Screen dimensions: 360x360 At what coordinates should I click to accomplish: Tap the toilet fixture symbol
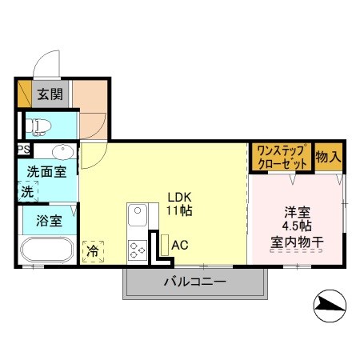[x=39, y=125]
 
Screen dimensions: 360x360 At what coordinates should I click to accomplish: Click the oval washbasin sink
[x=62, y=151]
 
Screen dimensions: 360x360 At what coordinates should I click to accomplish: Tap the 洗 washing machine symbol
[x=28, y=191]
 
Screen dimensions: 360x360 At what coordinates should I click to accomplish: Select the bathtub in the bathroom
[x=46, y=250]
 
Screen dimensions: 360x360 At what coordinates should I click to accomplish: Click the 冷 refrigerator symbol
[x=93, y=250]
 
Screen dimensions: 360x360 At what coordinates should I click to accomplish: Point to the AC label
[x=180, y=245]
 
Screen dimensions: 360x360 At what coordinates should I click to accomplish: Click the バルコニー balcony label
[x=194, y=282]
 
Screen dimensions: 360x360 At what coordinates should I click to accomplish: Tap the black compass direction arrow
[x=329, y=303]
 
